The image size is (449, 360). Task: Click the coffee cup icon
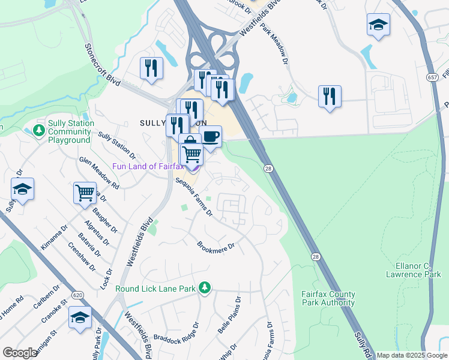tap(210, 136)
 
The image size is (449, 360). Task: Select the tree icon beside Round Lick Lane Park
tap(205, 289)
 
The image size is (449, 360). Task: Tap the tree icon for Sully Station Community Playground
tap(39, 130)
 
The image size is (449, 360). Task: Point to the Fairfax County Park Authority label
tap(328, 298)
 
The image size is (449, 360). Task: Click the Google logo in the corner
tap(20, 353)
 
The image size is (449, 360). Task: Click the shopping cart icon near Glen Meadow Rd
tap(85, 193)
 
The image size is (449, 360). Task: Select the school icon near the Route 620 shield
tap(80, 317)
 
